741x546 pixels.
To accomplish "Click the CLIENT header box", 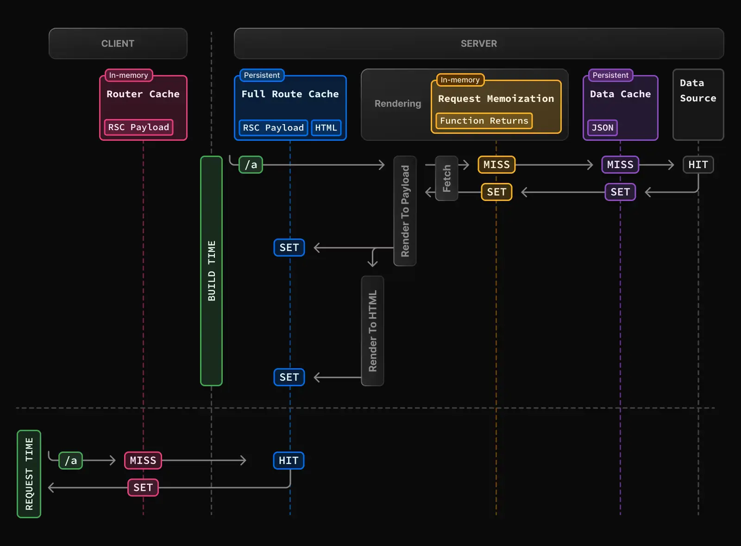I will click(x=118, y=44).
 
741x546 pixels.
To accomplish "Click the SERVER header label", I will click(x=478, y=44).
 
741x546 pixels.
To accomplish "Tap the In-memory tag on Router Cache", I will click(x=128, y=75).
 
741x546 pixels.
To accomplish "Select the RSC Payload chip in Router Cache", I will click(x=138, y=127).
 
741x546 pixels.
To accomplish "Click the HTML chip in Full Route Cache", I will click(x=326, y=128).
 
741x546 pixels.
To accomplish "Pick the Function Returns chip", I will click(x=484, y=121).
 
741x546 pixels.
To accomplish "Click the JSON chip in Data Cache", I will click(x=602, y=128).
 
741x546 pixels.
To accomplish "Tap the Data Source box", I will click(x=698, y=104).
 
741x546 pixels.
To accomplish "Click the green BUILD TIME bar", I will click(x=211, y=271).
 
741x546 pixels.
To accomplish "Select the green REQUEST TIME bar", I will click(x=29, y=474).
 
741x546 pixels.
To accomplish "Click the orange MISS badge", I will click(x=496, y=165).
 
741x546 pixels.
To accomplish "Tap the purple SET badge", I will click(x=620, y=192).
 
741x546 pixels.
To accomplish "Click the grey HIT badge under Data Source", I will click(x=698, y=165).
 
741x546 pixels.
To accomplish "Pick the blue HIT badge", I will click(x=289, y=461).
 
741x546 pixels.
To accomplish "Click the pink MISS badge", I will click(x=143, y=461).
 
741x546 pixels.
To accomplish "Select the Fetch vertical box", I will click(x=446, y=178).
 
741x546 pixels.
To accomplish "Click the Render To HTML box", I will click(x=372, y=331).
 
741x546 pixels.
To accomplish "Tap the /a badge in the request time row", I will click(x=71, y=461).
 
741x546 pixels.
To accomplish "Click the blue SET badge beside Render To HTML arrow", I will click(x=289, y=377).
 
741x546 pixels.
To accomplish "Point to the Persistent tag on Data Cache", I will click(x=610, y=75).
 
